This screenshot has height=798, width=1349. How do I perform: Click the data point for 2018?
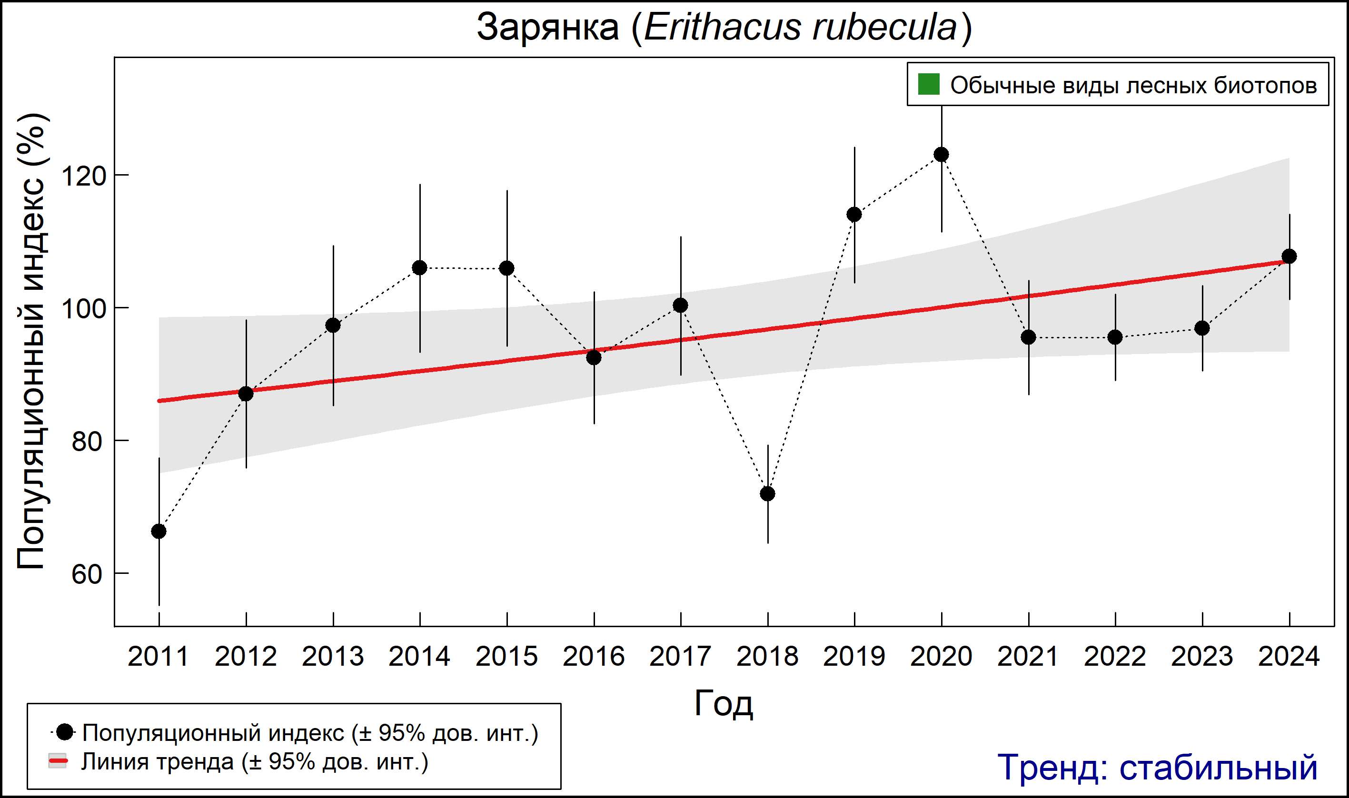point(767,493)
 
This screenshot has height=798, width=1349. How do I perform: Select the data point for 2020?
point(941,155)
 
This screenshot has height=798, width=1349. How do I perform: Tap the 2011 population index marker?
point(159,531)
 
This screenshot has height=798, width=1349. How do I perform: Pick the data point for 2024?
point(1289,256)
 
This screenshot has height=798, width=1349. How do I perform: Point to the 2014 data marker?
point(419,268)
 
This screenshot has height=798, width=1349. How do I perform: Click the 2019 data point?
point(854,215)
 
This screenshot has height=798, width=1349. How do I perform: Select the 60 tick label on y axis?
point(87,574)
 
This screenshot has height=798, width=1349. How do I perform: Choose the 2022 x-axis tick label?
point(1115,657)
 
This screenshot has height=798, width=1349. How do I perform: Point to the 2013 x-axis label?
point(332,657)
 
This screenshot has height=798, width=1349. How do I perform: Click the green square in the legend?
point(928,84)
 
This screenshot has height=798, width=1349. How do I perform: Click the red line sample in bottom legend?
point(58,761)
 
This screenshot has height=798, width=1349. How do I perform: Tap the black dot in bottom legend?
point(65,732)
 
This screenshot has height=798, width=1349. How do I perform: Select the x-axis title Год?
point(724,703)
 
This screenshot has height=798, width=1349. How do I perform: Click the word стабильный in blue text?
point(1218,768)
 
